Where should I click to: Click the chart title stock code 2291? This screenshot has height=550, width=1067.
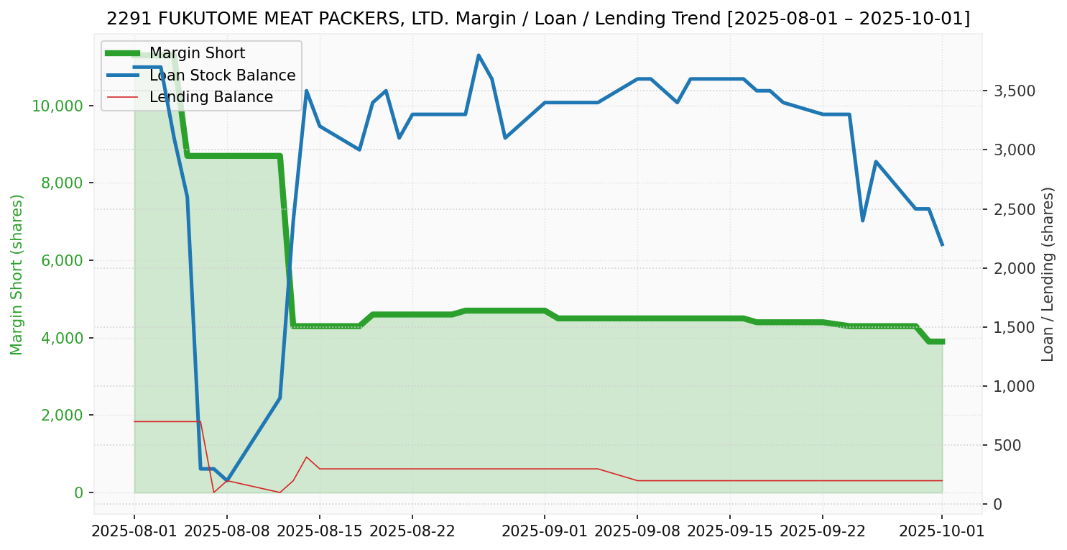coord(124,19)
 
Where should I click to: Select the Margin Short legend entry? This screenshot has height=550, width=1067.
coord(197,53)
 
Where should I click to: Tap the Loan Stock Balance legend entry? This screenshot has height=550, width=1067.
coord(222,75)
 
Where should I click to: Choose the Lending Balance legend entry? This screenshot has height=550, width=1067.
coord(211,97)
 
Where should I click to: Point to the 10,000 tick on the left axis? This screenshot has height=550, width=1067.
coord(57,106)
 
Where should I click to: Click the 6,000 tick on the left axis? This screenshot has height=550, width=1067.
coord(62,260)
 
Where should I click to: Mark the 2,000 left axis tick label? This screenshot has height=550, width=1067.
coord(62,416)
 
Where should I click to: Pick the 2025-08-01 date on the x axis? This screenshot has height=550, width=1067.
coord(134,531)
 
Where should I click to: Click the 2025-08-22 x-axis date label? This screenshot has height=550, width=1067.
coord(412,531)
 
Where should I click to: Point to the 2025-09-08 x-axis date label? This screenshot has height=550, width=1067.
coord(637,531)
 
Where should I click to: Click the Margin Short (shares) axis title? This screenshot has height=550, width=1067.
coord(17,275)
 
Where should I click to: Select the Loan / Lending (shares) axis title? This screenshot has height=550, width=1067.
coord(1048,274)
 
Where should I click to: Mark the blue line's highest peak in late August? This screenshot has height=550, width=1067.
coord(479,55)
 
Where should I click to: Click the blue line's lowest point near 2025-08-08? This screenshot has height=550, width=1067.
coord(227,480)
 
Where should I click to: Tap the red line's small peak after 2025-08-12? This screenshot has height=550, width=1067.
coord(306,457)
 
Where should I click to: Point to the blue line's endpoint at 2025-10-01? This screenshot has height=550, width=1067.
coord(942,245)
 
